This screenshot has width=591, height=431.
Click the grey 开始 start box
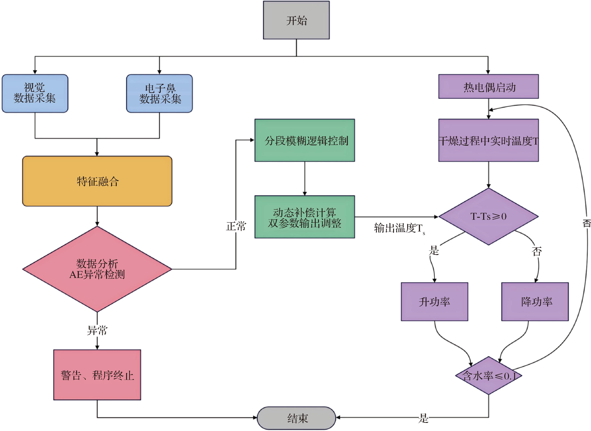pos(296,20)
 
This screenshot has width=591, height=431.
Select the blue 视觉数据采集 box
pos(35,93)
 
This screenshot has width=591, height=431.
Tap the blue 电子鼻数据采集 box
pos(159,93)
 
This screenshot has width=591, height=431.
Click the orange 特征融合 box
pos(97,181)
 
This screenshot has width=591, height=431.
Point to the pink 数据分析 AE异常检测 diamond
pos(97,269)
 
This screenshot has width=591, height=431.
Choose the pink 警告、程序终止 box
pos(97,375)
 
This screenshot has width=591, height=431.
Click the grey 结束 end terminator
pos(296,418)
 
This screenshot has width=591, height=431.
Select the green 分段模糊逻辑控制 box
pos(305,140)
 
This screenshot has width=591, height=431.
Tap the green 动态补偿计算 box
pos(305,217)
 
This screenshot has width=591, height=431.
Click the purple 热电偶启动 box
pos(488,87)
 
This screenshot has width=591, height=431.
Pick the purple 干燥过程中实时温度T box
pos(488,140)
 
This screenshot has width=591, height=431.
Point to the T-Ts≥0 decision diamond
pos(488,216)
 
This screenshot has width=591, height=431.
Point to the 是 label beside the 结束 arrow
pos(423,418)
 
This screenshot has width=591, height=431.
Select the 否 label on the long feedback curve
pos(586,223)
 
